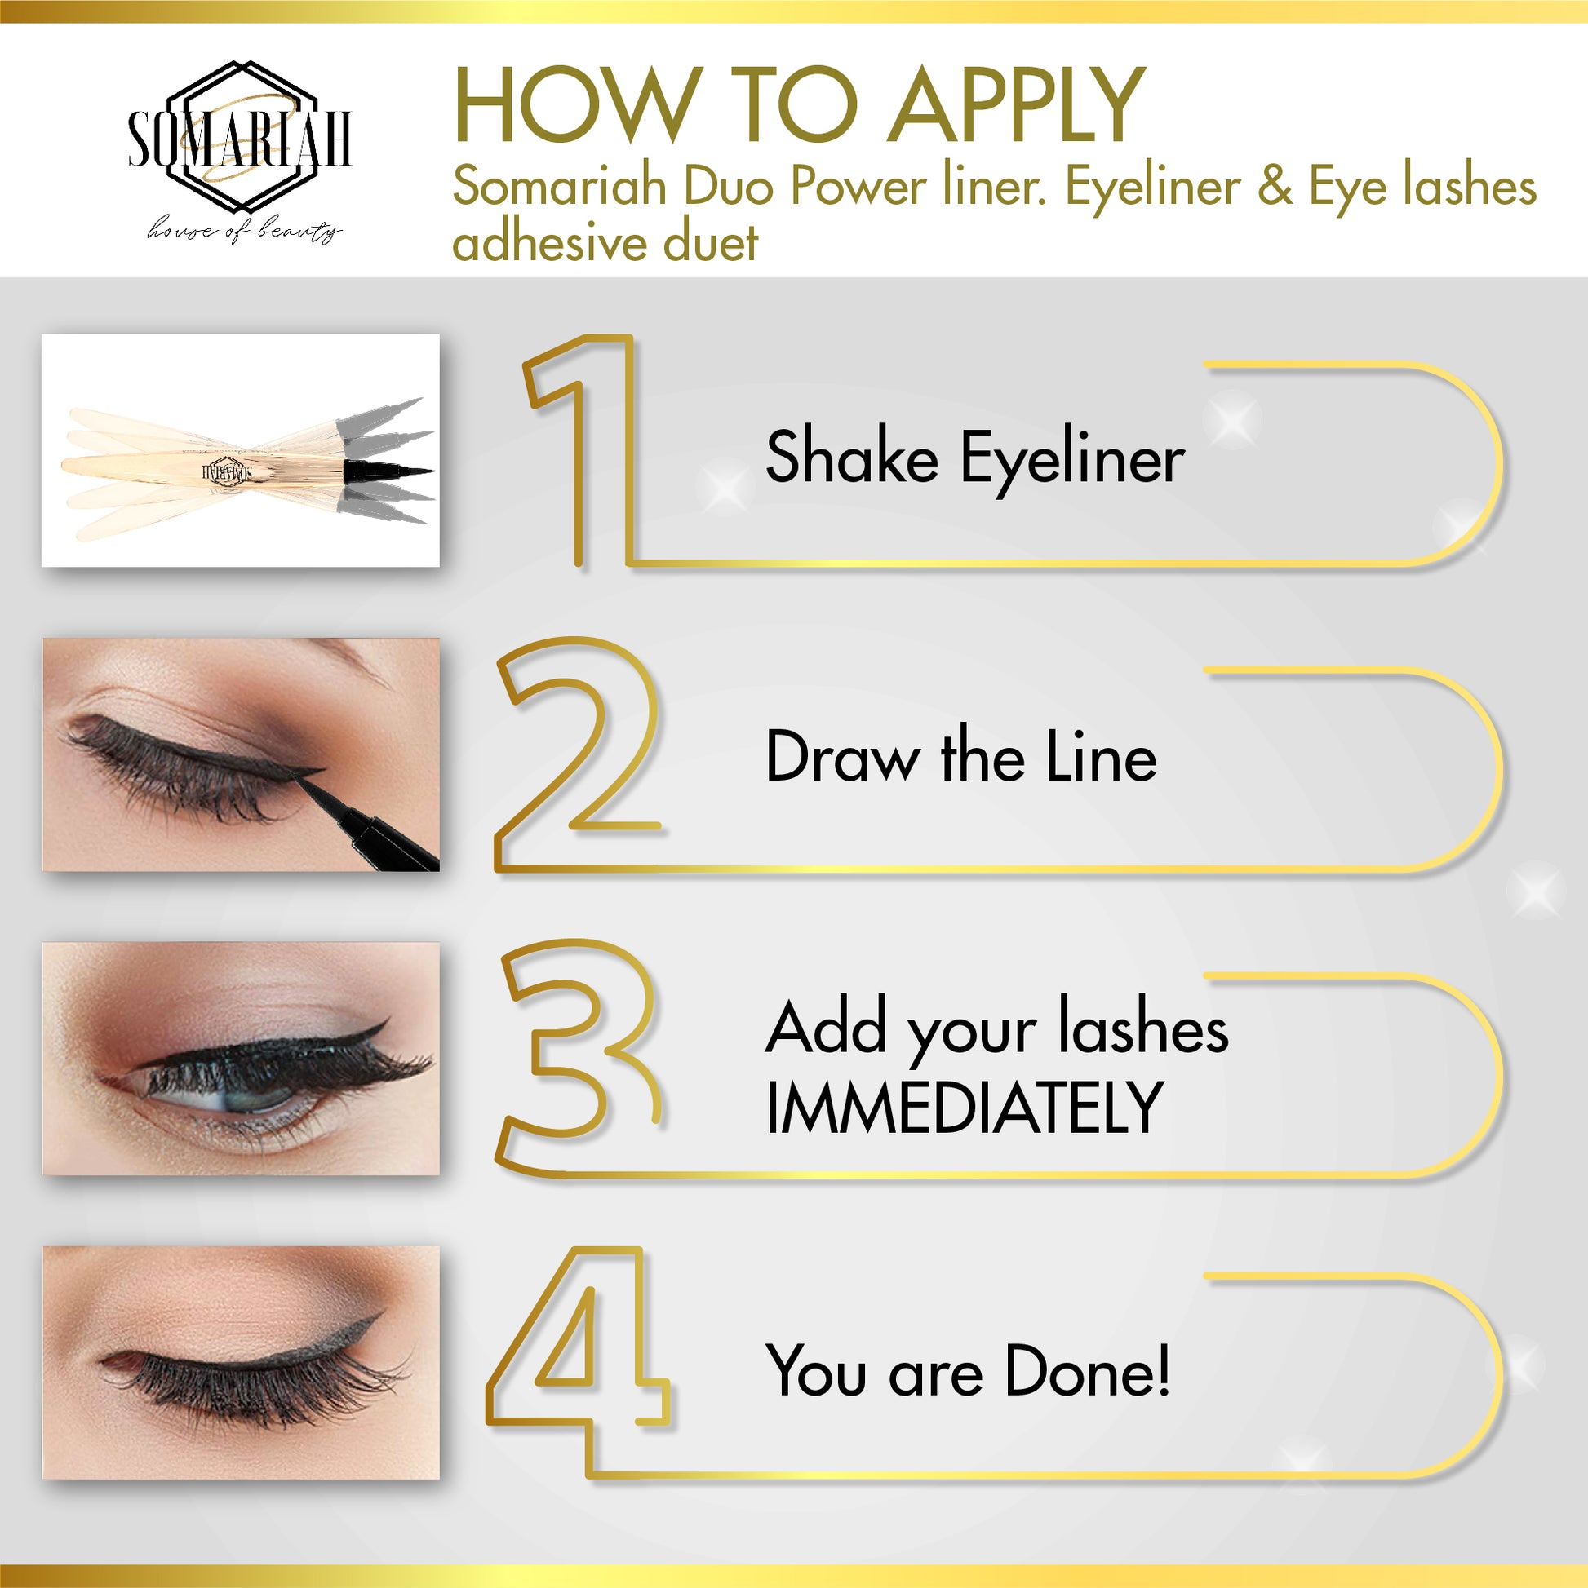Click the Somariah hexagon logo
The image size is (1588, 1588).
pos(239,136)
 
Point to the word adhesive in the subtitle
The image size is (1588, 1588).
pos(548,242)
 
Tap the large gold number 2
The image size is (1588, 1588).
pos(579,754)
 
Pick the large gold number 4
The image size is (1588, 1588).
pos(577,1362)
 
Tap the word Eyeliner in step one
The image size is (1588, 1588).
pos(1072,460)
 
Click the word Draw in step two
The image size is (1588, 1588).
pos(842,756)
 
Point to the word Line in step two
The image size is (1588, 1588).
pos(1101,756)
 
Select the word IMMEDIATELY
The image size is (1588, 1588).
pos(963,1108)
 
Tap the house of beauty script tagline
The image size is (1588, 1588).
pos(244,231)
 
